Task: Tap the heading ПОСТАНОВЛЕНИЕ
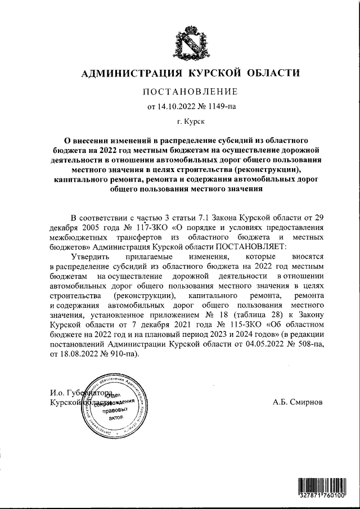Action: pos(190,92)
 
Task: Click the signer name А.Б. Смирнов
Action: pos(298,402)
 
